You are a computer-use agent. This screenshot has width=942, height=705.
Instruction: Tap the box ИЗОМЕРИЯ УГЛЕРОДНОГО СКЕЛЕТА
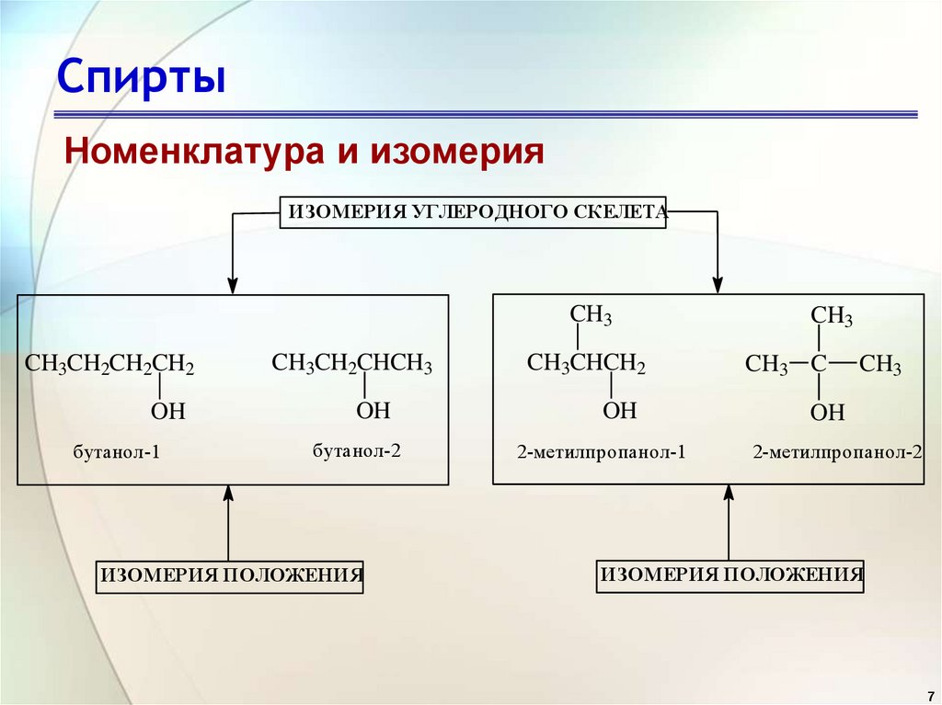tap(475, 211)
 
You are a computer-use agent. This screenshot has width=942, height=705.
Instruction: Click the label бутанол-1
tap(117, 452)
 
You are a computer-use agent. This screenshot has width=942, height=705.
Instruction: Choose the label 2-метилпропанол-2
tap(836, 452)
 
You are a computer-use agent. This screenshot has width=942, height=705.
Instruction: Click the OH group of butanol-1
tap(168, 412)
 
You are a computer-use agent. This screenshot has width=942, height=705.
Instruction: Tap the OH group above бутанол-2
tap(373, 410)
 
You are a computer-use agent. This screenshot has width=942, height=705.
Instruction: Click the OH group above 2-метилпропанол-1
tap(620, 411)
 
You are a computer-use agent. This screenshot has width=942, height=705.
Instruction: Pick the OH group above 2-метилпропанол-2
tap(827, 413)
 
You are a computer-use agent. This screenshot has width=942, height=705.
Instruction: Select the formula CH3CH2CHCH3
tap(351, 363)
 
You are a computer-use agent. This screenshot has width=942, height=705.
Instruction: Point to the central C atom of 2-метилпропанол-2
tap(818, 364)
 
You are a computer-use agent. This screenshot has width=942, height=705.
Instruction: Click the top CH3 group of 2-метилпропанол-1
tap(591, 315)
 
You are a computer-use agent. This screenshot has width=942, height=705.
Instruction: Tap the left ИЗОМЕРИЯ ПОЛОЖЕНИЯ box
tap(230, 576)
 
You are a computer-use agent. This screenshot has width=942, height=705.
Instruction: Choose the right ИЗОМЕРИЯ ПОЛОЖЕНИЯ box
tap(730, 575)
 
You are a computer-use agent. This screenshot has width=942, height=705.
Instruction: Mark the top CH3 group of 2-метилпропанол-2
tap(831, 317)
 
